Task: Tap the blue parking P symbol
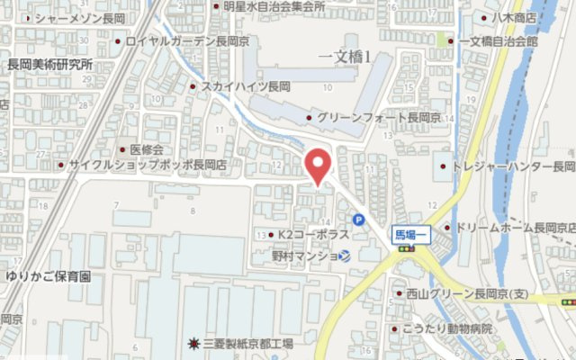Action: pos(359,219)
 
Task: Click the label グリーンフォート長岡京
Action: pos(372,119)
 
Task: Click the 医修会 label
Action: pos(146,149)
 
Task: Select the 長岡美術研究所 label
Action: pos(50,64)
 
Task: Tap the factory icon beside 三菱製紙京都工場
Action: pos(193,344)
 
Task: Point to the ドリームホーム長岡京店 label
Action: pos(515,227)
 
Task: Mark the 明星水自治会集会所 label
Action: pos(274,6)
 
